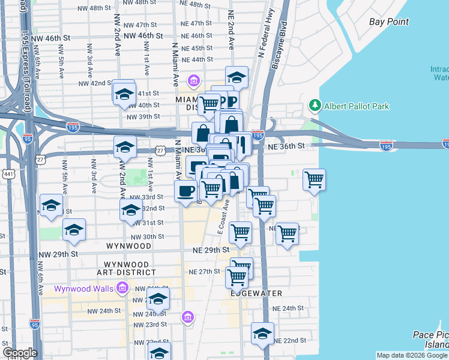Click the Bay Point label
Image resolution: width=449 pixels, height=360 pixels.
click(389, 22)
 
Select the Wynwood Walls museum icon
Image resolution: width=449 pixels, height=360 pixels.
click(122, 289)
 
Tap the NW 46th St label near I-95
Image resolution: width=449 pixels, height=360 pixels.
click(50, 37)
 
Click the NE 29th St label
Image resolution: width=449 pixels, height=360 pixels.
click(211, 250)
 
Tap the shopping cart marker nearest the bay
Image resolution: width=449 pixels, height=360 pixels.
click(314, 179)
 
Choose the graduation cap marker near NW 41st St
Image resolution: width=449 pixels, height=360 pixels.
click(124, 94)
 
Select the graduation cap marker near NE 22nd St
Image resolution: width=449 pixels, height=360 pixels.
click(262, 334)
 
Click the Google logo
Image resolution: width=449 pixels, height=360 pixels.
click(20, 353)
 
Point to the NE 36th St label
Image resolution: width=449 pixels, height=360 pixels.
click(291, 146)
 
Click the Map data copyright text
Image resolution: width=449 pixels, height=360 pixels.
click(412, 355)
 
